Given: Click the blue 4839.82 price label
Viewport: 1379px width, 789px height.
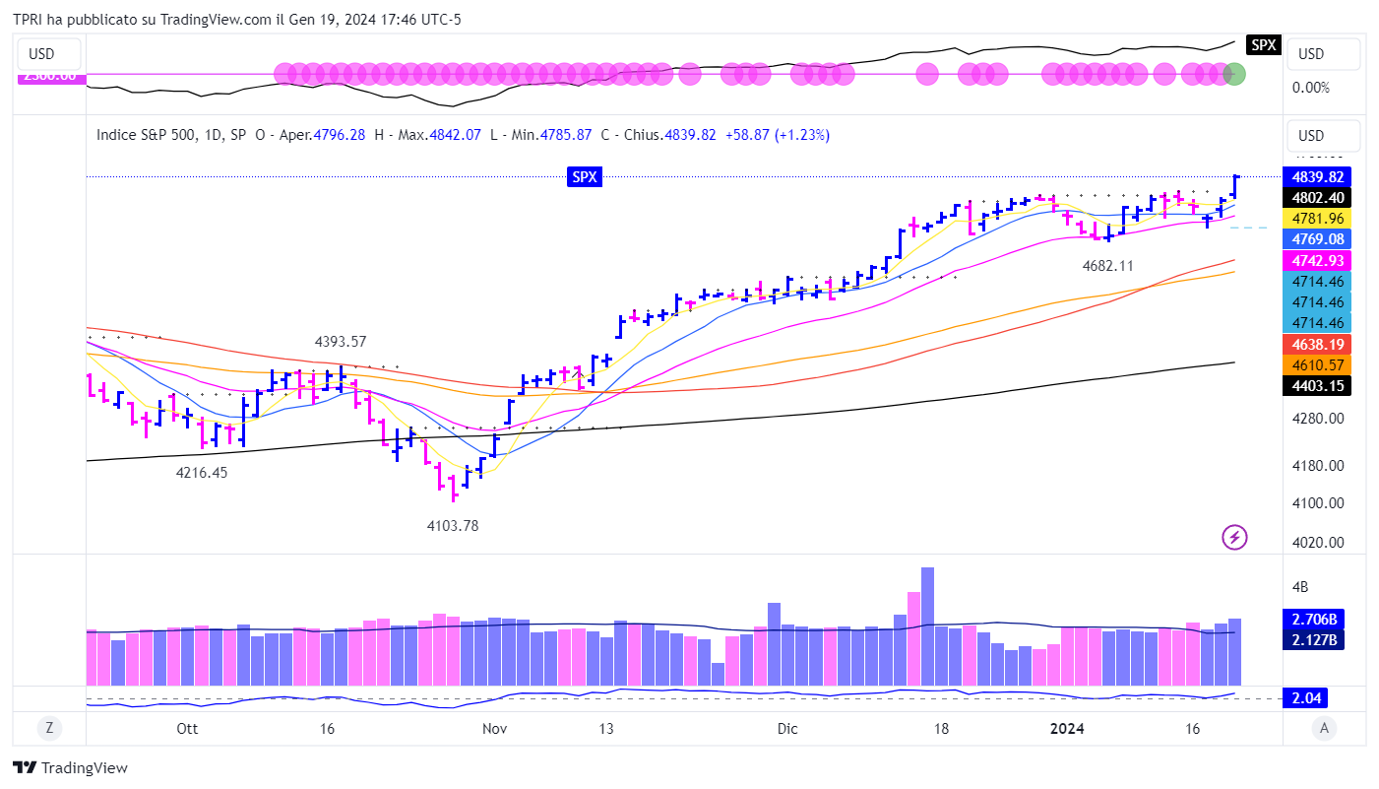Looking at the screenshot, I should pos(1318,176).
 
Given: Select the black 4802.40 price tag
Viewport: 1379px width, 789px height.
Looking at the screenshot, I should pos(1318,197).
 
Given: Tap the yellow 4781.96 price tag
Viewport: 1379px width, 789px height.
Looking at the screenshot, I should pos(1318,218).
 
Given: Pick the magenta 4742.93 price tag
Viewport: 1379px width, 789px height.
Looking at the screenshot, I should pos(1318,260).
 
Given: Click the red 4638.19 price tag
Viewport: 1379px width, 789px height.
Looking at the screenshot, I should pos(1318,344).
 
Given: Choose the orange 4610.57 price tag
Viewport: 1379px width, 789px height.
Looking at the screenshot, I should pos(1318,364).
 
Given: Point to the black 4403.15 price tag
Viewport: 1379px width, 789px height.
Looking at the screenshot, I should pos(1318,385).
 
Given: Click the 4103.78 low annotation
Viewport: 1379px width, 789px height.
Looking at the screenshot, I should pos(452,526).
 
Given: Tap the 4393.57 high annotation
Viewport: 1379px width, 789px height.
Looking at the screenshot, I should pos(341,342).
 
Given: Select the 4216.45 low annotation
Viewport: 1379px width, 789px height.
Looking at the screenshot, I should pos(202,473).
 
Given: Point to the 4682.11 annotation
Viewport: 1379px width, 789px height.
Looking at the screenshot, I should pos(1107,266).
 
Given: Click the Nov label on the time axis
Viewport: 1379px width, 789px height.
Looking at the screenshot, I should pos(494,729).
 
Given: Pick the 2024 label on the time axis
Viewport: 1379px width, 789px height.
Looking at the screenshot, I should pos(1067,729).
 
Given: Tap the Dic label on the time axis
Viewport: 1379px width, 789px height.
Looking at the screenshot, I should pos(786,729).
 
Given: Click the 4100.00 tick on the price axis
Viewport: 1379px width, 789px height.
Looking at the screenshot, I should pos(1318,502).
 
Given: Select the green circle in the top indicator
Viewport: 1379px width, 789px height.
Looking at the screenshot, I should pos(1234,74).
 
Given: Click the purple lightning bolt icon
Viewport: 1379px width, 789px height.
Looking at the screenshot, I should pos(1234,537).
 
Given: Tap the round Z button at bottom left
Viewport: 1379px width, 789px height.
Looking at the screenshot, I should pos(48,728).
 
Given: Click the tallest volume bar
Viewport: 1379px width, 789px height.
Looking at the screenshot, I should pos(927,625).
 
